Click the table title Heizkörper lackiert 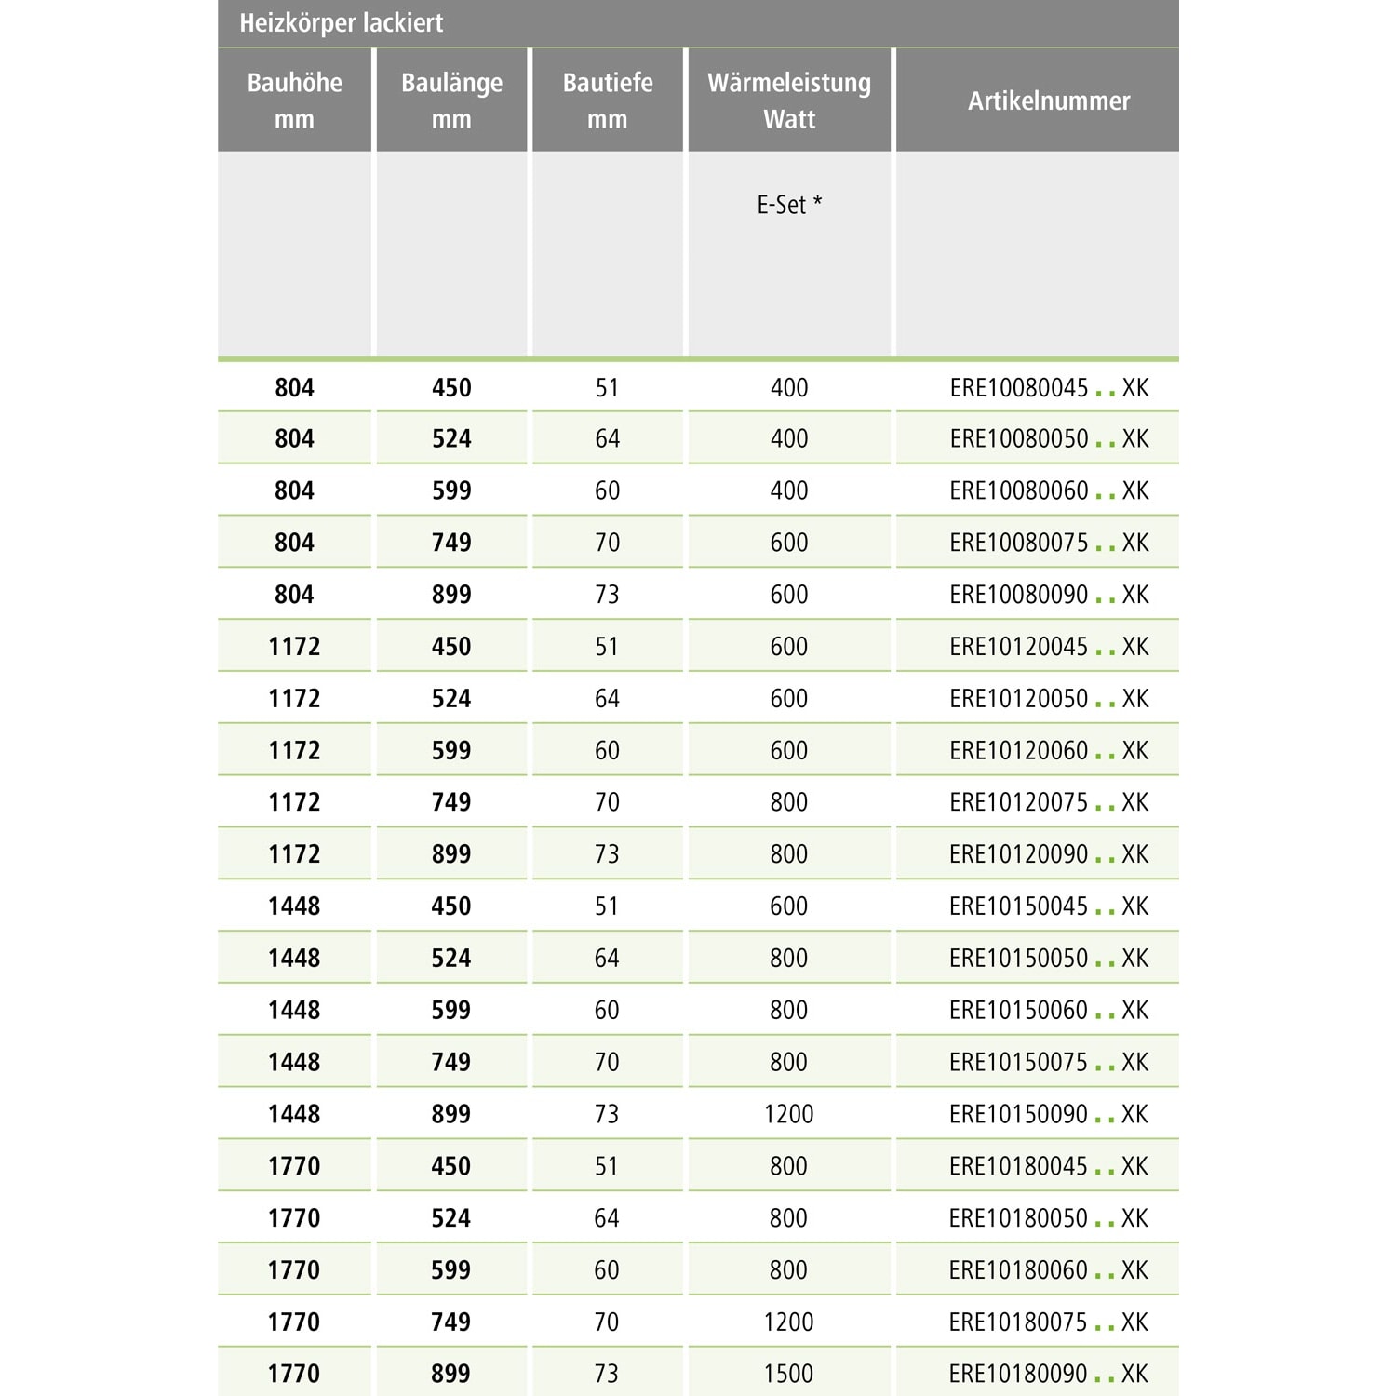tap(342, 22)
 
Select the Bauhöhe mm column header tap(294, 101)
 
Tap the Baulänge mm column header tap(451, 101)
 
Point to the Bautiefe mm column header tap(608, 101)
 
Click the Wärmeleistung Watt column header tap(789, 101)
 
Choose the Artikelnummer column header tap(1049, 101)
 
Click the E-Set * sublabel tap(789, 205)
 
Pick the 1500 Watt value tap(789, 1374)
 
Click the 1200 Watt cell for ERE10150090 tap(789, 1114)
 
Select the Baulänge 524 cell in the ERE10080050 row tap(451, 439)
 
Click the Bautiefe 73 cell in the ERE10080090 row tap(608, 595)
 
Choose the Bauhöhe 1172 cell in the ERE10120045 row tap(294, 647)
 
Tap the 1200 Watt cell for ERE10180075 tap(789, 1322)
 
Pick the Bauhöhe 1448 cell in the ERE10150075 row tap(294, 1062)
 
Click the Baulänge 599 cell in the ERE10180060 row tap(451, 1269)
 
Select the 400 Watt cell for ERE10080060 tap(789, 490)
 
